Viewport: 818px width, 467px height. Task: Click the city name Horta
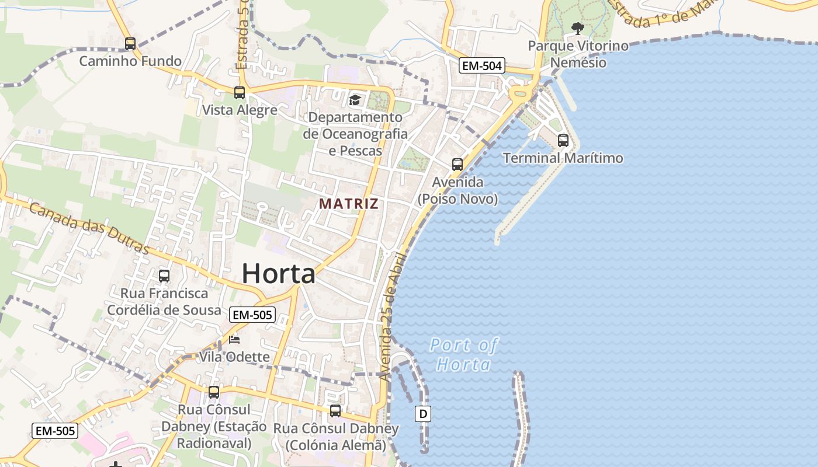pos(279,273)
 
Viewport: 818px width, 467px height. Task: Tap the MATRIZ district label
pos(349,204)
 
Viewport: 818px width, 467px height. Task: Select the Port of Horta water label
pos(464,354)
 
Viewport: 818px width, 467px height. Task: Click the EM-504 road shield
pos(481,66)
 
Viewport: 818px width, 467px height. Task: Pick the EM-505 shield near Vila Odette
pos(252,315)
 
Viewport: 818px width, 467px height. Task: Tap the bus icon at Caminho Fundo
pos(130,44)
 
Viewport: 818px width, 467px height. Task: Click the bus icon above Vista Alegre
pos(240,93)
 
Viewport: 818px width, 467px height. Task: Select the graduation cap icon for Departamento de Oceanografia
pos(355,100)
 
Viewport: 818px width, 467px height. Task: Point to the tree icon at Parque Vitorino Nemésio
pos(578,28)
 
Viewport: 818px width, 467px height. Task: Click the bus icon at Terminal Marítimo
pos(563,141)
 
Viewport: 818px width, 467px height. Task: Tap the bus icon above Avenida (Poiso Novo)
pos(457,165)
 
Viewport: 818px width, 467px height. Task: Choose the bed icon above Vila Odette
pos(234,340)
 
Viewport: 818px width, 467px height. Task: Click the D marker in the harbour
pos(423,414)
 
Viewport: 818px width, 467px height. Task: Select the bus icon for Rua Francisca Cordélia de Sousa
pos(164,276)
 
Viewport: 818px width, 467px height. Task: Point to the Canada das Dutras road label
pos(89,228)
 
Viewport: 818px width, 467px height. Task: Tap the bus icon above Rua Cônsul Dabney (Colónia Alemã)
pos(335,411)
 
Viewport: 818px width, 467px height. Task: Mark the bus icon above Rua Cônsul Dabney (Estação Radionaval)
pos(214,392)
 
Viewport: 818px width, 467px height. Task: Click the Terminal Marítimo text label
pos(563,158)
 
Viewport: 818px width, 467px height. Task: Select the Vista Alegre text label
pos(240,110)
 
